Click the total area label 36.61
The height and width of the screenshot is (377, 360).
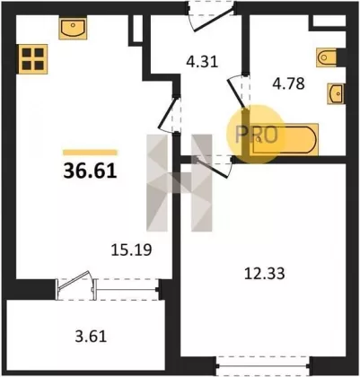[90, 171]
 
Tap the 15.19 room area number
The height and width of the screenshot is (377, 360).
[131, 250]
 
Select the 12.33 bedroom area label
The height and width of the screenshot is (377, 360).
[265, 274]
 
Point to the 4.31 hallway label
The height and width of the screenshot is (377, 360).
[202, 62]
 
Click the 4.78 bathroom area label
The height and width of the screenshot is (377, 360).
[288, 83]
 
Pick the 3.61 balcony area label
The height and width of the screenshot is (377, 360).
[91, 337]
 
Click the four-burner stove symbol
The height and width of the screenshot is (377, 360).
[33, 59]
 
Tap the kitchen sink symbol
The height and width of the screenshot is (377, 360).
[73, 29]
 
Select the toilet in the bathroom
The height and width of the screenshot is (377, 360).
[327, 57]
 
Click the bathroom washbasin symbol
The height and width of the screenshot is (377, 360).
[336, 93]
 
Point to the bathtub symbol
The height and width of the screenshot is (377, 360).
[284, 139]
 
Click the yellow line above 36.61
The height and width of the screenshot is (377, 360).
[90, 153]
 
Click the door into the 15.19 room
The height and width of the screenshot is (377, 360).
[169, 114]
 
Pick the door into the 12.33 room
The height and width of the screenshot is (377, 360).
[213, 168]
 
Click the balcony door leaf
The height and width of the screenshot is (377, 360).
[74, 280]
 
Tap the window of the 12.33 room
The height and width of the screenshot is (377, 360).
[263, 365]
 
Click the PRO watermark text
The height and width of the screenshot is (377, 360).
[257, 135]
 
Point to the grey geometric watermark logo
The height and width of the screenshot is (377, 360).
[180, 183]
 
